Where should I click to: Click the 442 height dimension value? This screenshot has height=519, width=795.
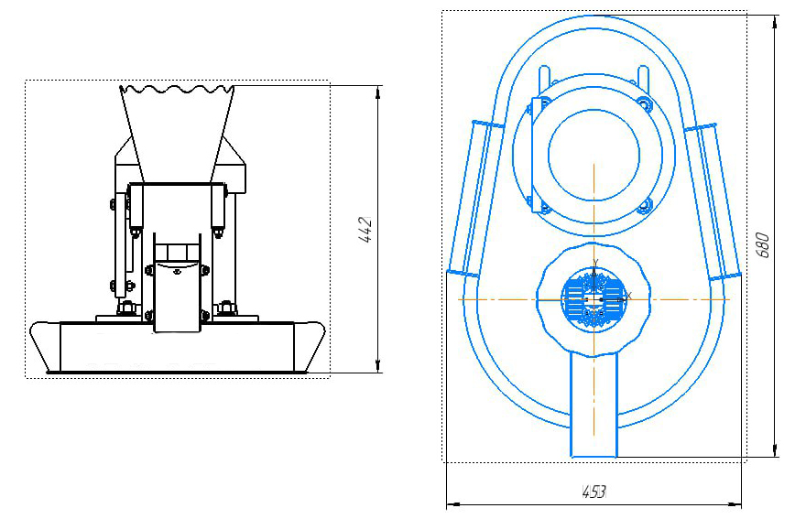click(366, 230)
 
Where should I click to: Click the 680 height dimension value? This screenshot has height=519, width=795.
click(763, 244)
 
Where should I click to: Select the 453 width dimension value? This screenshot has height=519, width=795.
click(594, 492)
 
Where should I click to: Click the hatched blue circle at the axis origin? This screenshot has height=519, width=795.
click(594, 300)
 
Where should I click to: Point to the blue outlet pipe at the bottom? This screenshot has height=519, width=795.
click(594, 405)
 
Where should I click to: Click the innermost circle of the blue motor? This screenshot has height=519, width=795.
click(594, 155)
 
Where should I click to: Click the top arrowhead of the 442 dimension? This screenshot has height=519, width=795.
click(378, 92)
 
